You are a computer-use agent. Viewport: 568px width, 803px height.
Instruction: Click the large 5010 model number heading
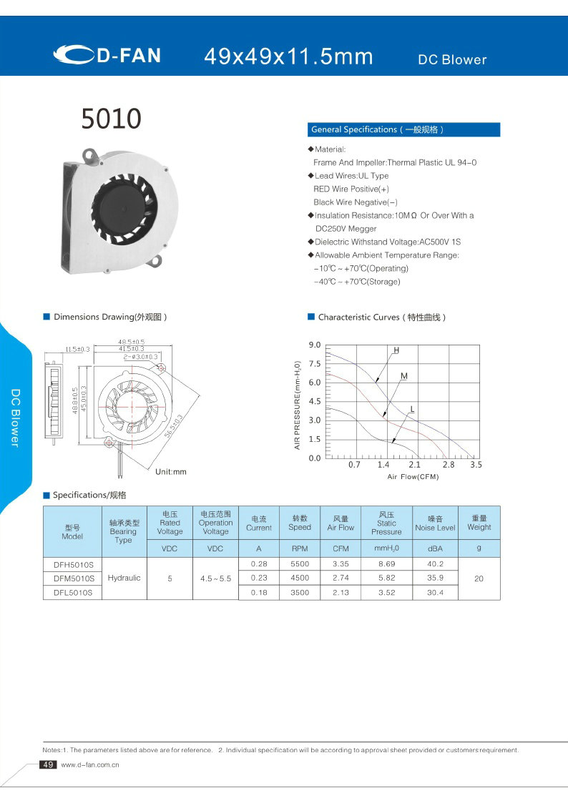click(111, 119)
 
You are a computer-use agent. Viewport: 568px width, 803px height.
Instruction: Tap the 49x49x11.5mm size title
click(288, 56)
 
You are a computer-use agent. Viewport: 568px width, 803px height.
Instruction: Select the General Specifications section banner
click(404, 129)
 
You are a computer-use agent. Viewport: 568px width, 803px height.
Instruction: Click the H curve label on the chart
click(396, 350)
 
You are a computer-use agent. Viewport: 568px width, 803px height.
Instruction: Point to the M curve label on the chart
click(404, 376)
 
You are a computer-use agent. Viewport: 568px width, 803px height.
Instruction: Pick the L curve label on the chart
click(412, 409)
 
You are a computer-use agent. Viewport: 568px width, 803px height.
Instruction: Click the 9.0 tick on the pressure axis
click(314, 345)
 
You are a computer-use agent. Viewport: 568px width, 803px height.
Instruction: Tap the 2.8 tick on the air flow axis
click(449, 465)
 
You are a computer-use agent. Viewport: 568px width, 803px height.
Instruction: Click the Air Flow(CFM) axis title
click(413, 476)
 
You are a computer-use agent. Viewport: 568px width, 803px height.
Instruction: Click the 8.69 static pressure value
click(386, 565)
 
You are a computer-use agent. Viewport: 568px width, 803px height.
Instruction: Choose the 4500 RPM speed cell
click(300, 578)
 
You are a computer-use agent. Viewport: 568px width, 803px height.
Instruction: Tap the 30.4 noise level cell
click(435, 592)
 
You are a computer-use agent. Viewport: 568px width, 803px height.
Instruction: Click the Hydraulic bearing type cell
click(124, 578)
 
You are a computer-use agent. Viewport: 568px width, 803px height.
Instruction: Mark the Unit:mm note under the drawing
click(170, 472)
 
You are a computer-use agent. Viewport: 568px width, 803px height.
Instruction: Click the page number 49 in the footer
click(49, 765)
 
